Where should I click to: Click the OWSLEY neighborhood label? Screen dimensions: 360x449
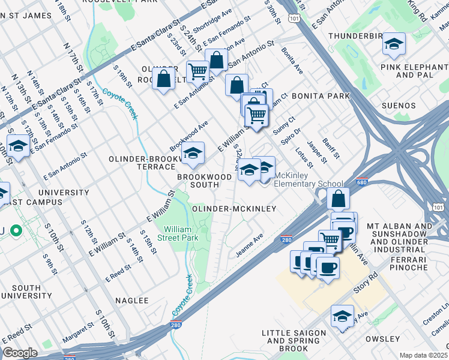click(x=382, y=339)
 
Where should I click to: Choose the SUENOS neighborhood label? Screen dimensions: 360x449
click(x=398, y=106)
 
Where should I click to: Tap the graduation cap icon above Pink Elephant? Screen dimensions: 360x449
click(x=394, y=45)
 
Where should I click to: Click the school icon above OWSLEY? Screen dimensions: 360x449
click(x=342, y=317)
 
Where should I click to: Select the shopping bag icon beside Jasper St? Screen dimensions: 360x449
click(x=339, y=199)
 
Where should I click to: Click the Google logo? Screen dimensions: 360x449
click(x=20, y=353)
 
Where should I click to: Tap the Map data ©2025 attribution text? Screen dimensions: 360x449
click(x=423, y=355)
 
